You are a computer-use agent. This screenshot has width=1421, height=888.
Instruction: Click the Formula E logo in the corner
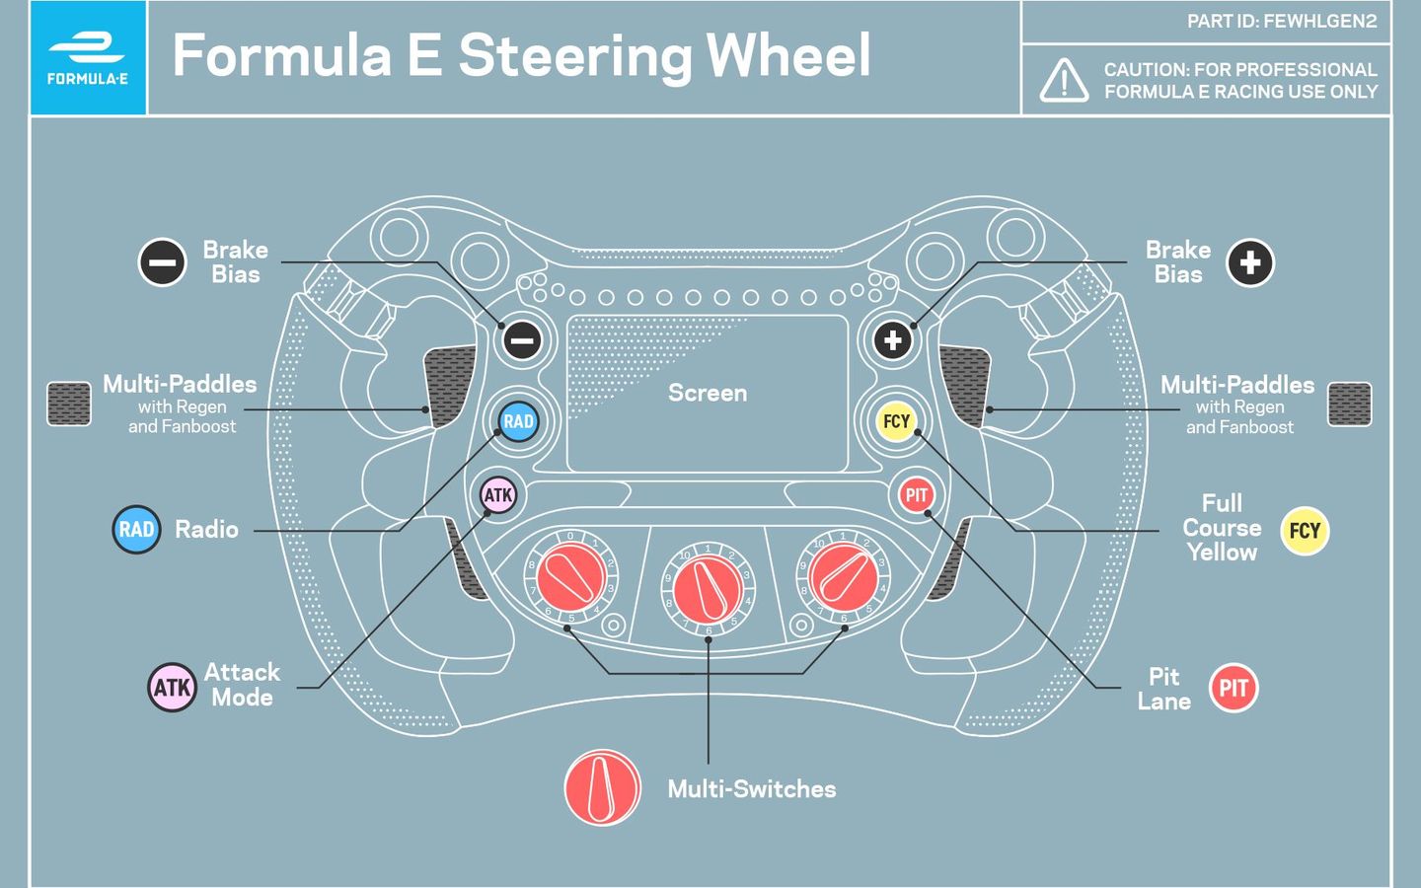point(88,57)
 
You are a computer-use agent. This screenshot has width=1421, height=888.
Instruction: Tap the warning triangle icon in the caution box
point(1064,81)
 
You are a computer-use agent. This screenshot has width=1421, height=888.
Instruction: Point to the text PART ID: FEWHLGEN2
point(1281,22)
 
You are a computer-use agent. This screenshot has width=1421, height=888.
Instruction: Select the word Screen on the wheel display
point(708,393)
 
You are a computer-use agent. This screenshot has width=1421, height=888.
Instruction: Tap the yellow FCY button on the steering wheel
point(896,421)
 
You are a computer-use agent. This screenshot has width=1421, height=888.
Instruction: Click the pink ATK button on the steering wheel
point(498,495)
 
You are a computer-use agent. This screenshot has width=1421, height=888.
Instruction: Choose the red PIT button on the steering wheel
point(917,495)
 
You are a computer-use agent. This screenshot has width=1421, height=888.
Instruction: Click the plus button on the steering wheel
point(893,340)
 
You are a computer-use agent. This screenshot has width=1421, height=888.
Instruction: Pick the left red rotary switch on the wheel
point(570,577)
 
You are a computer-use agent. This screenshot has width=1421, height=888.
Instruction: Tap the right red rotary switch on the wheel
point(844,577)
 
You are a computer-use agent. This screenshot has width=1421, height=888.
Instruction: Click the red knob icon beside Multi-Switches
point(602,788)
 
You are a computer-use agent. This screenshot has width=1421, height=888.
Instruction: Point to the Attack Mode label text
point(242,685)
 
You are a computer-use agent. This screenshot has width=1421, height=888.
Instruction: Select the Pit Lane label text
point(1164,689)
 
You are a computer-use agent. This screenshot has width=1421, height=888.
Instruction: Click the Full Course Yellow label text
point(1222,528)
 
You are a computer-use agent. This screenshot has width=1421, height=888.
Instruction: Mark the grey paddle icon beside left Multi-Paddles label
point(69,405)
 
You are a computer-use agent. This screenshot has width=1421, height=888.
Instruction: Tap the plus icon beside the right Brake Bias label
point(1249,263)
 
